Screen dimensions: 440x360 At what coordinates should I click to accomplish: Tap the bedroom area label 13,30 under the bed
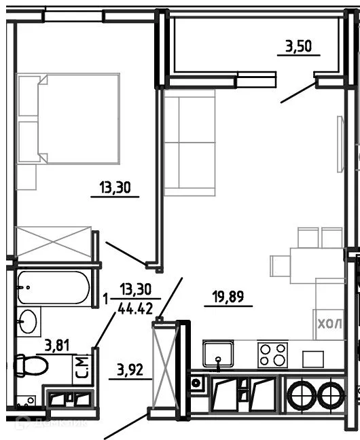click(115, 187)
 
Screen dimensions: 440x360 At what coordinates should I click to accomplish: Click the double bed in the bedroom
click(77, 119)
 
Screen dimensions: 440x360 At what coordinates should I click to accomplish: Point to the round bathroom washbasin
click(29, 322)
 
